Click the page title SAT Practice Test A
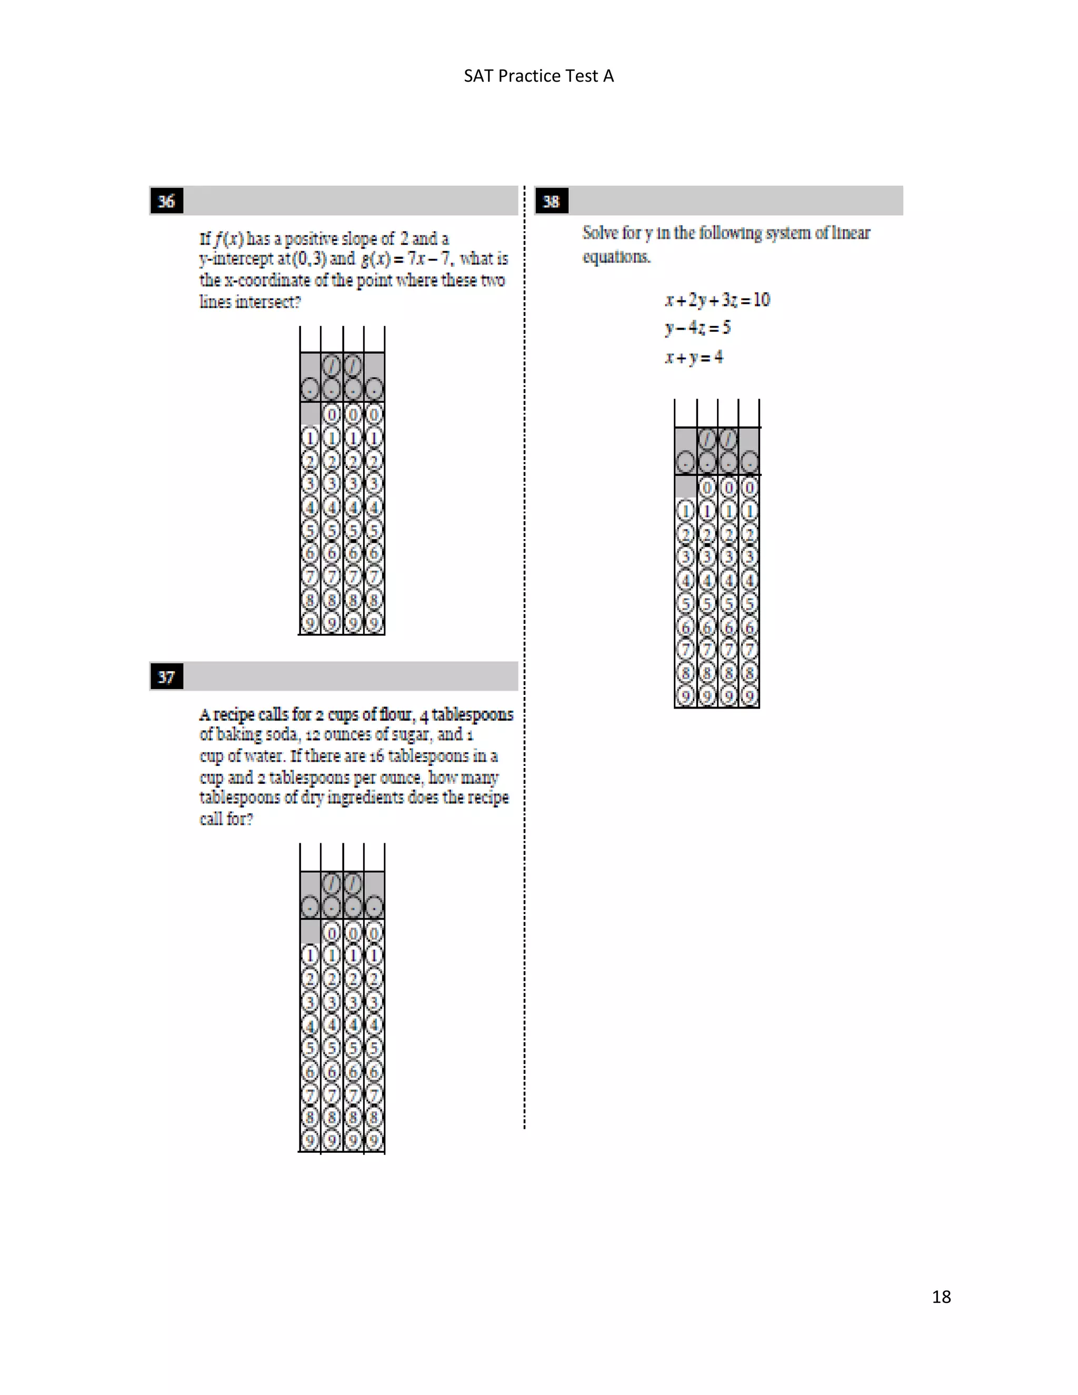point(538,76)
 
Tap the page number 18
point(941,1297)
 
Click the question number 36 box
point(166,201)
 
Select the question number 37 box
point(166,677)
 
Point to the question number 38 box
point(551,201)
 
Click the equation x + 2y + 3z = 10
point(717,300)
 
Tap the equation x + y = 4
point(694,357)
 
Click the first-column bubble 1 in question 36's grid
point(310,438)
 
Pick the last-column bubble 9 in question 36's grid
point(374,622)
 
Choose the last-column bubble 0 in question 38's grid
point(749,488)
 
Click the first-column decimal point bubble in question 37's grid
point(310,906)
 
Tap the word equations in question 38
point(616,257)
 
